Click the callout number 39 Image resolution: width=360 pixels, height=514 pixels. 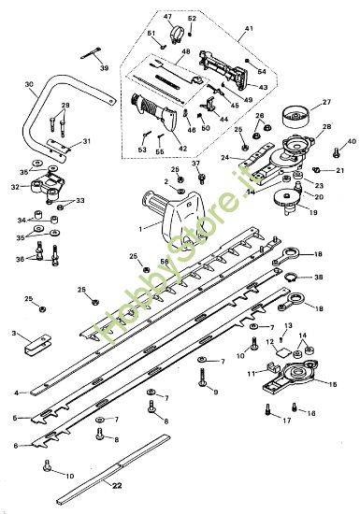click(x=104, y=68)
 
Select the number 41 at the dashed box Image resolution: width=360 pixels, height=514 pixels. click(x=249, y=30)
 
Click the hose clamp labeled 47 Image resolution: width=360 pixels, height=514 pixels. click(x=170, y=35)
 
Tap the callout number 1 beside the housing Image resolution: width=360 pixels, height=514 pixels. click(x=140, y=227)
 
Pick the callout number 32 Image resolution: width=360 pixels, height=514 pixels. click(x=14, y=187)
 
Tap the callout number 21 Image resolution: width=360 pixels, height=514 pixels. click(x=340, y=171)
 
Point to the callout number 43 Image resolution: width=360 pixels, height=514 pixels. click(x=263, y=87)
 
